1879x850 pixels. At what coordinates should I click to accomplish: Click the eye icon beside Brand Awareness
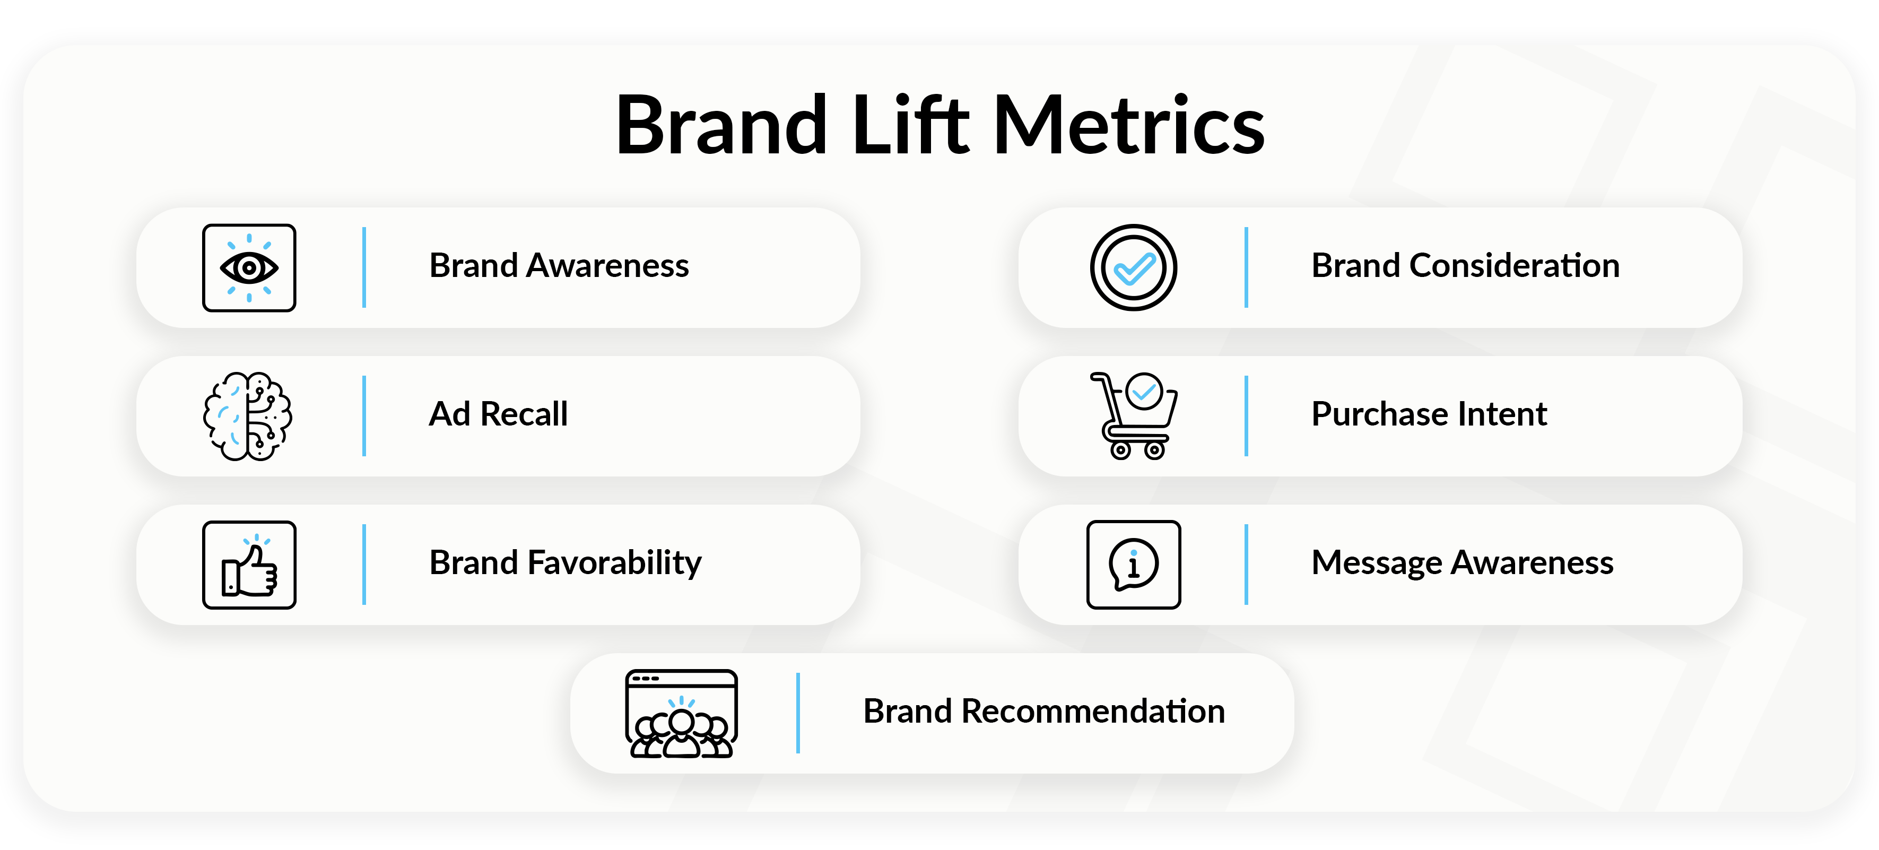(x=249, y=268)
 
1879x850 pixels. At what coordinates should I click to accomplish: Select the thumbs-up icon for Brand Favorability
(x=249, y=565)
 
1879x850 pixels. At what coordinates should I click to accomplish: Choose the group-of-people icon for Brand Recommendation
(x=681, y=714)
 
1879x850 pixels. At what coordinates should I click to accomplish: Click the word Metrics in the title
(x=1128, y=126)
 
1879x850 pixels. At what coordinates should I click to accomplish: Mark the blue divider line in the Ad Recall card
(x=364, y=416)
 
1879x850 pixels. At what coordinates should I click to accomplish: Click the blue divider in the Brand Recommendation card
(x=798, y=713)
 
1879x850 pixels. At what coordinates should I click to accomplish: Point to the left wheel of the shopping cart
(x=1120, y=450)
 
